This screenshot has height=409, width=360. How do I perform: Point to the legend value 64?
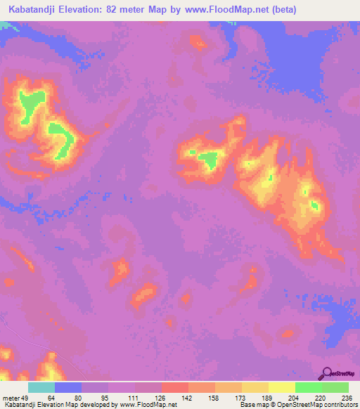point(51,397)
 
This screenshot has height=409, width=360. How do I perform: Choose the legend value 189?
point(266,397)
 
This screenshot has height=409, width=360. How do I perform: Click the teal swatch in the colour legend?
point(41,387)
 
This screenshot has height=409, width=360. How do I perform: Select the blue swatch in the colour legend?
point(68,387)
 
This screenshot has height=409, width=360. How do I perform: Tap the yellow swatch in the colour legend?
point(282,387)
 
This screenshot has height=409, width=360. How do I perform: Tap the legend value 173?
point(239,397)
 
